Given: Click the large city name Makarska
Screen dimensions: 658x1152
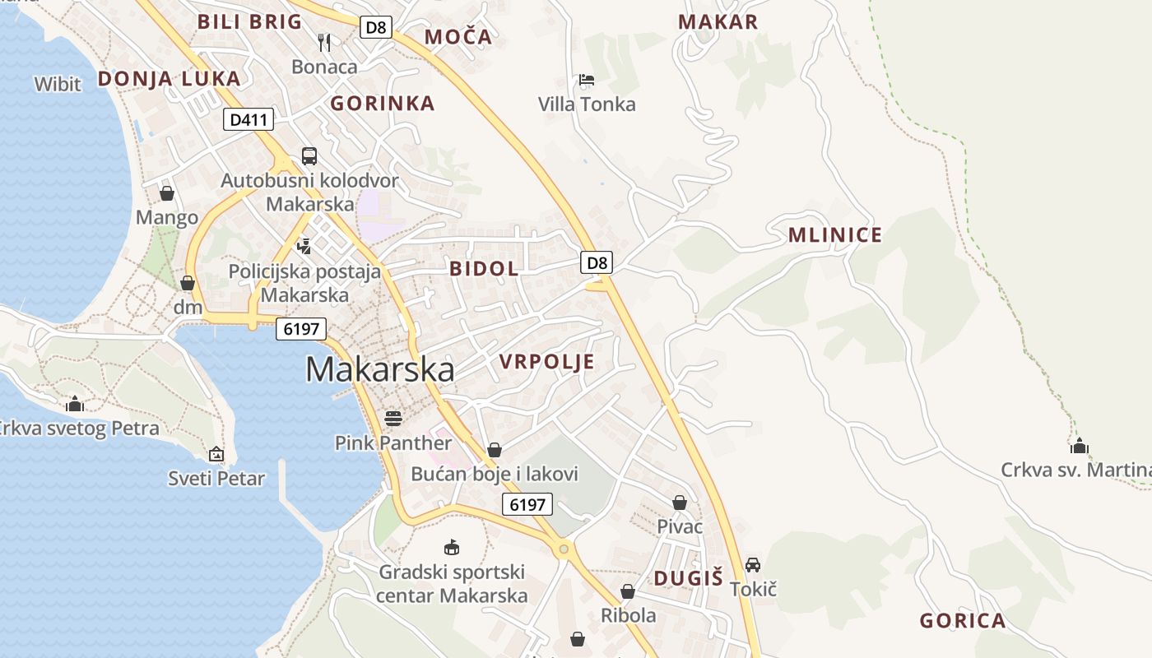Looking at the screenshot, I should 379,369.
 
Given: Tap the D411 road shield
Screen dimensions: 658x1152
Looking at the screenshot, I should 249,120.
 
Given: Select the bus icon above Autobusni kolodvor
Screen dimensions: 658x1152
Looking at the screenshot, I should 309,155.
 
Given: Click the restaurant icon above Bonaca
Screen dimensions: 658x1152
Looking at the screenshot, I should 324,42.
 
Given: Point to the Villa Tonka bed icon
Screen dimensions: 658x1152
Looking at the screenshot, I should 587,80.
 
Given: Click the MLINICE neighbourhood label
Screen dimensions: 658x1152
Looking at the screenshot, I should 834,235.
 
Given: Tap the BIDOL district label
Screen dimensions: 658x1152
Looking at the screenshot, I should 484,268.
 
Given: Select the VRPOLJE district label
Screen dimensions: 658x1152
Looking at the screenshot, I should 546,362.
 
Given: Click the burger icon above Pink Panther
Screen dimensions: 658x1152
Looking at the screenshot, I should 393,418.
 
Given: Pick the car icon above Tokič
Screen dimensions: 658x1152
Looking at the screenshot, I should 752,564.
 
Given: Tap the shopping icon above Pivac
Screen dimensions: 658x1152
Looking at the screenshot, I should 680,502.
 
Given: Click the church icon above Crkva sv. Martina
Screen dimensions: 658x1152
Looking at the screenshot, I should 1079,446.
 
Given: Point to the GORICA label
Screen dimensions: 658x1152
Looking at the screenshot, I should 962,621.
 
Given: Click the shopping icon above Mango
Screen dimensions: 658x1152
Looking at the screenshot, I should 167,193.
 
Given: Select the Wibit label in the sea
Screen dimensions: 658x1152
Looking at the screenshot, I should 58,84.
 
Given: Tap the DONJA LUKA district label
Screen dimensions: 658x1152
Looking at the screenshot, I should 169,79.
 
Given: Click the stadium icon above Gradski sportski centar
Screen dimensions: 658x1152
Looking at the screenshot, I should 451,546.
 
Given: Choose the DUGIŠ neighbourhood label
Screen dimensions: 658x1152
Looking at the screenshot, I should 688,578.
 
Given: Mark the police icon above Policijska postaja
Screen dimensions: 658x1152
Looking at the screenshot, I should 304,245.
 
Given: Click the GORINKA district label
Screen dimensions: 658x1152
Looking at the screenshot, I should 382,104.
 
